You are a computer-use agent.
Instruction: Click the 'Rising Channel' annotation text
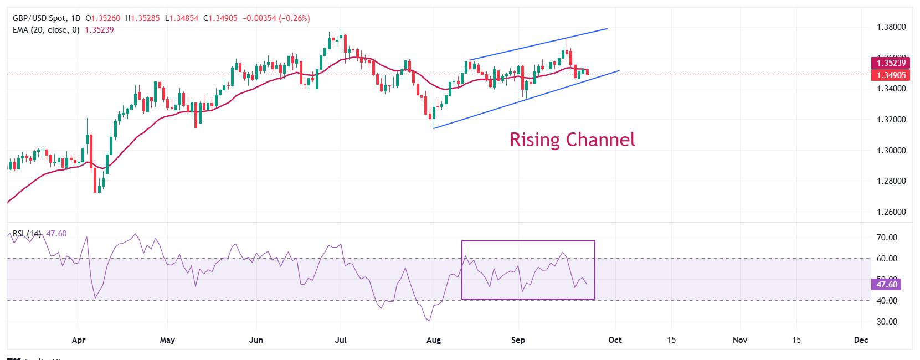pos(572,140)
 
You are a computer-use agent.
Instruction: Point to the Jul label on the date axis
pos(341,340)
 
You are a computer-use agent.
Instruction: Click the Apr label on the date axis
pos(79,340)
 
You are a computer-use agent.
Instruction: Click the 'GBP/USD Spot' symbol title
pos(38,18)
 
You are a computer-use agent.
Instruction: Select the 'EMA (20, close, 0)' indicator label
pos(47,30)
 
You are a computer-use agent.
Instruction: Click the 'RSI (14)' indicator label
pos(27,234)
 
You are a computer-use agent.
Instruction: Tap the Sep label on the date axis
pos(518,340)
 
